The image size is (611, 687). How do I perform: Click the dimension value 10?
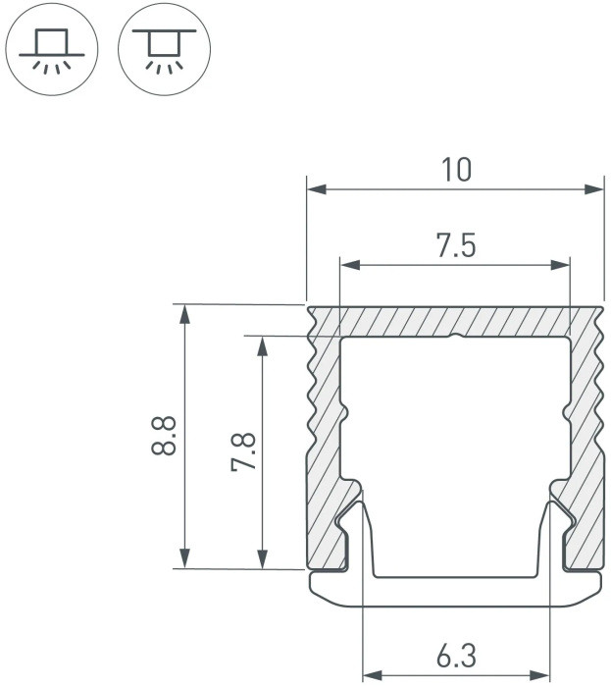pyautogui.click(x=456, y=170)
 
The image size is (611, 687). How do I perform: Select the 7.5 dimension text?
pyautogui.click(x=456, y=246)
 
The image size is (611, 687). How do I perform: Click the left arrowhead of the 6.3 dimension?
pyautogui.click(x=372, y=674)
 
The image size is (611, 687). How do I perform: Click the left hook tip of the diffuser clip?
pyautogui.click(x=360, y=505)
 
